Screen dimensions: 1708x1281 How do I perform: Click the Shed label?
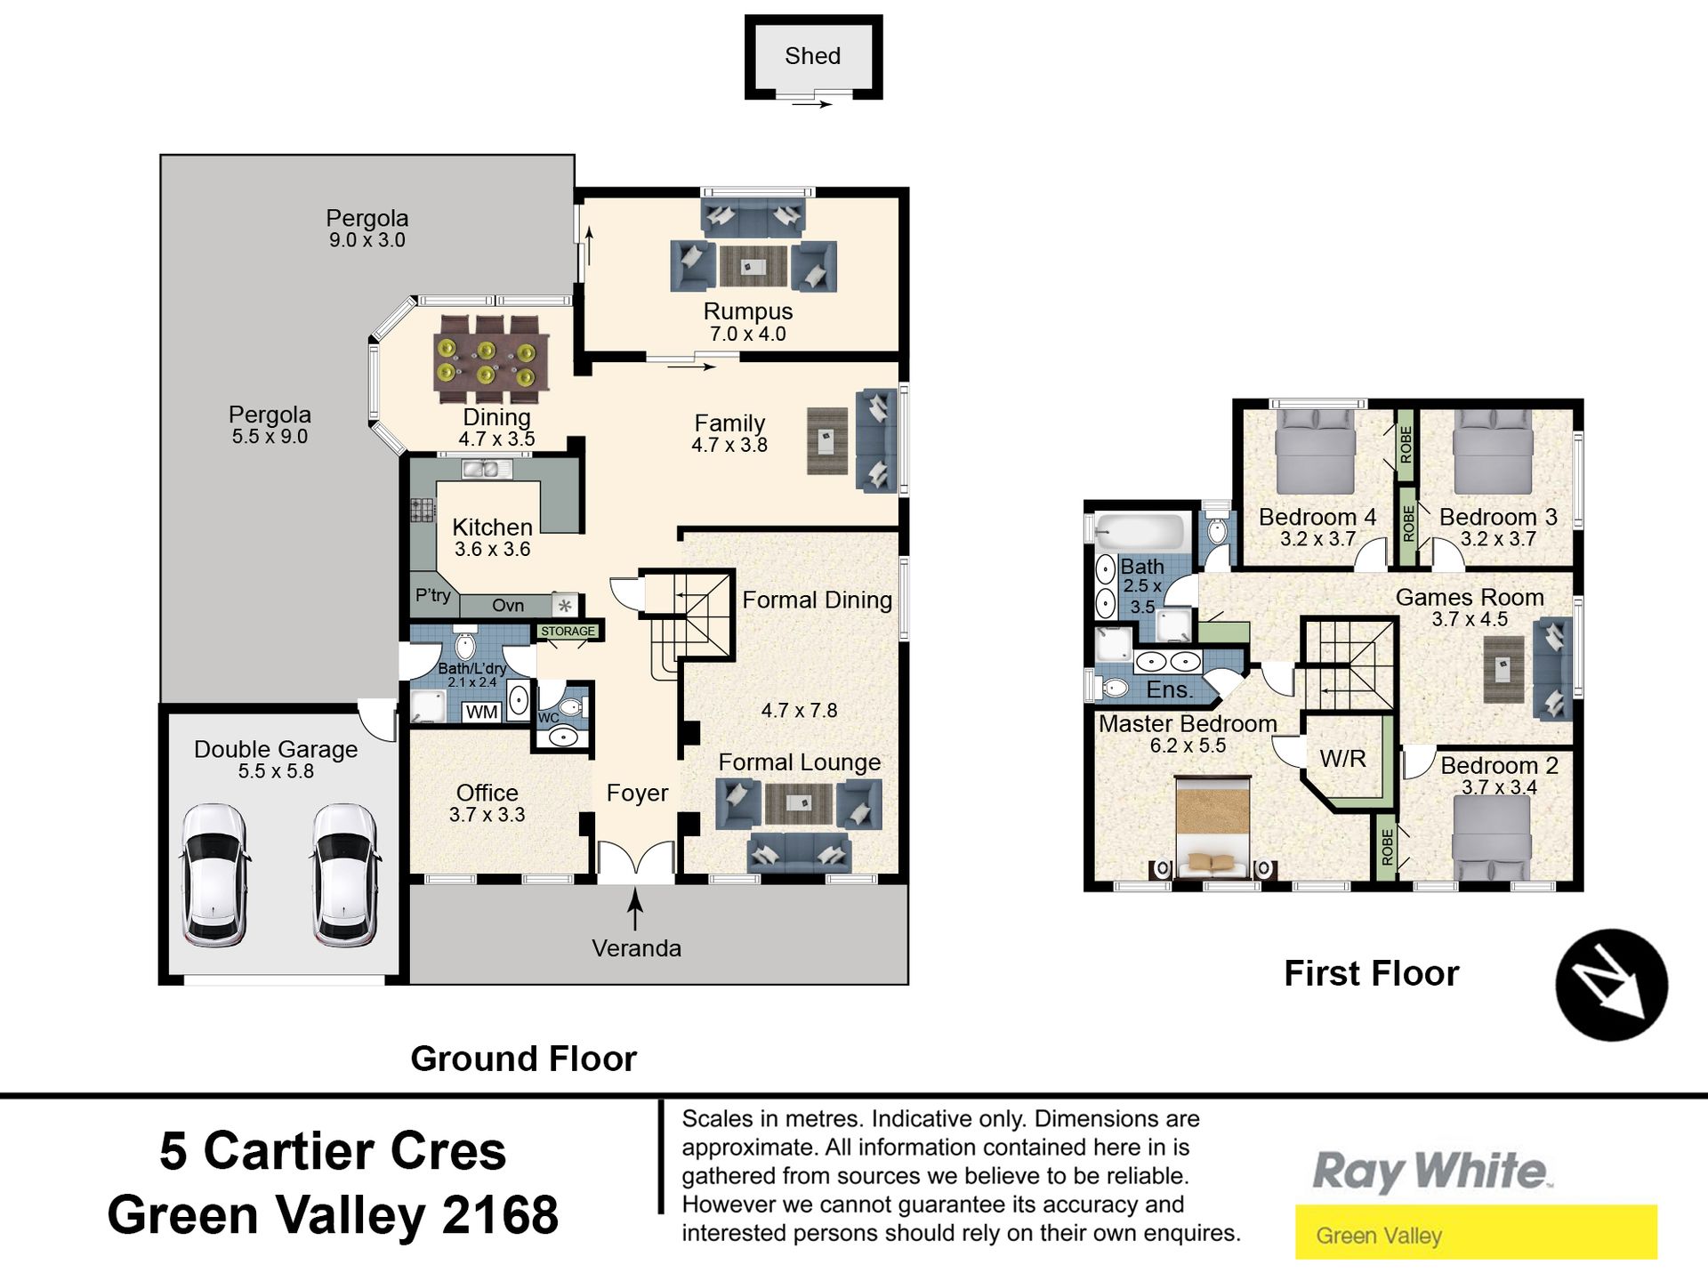point(812,56)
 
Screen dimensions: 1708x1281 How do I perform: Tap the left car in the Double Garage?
point(213,875)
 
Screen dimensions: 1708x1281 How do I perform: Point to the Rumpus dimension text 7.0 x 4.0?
point(747,334)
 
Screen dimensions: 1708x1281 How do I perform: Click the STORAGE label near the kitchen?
point(568,631)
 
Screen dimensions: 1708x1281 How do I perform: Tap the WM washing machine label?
point(481,712)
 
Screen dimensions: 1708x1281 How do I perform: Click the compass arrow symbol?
point(1611,985)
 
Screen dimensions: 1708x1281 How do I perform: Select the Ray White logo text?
point(1431,1171)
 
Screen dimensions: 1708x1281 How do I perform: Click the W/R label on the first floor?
point(1342,759)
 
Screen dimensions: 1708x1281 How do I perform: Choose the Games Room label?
point(1470,597)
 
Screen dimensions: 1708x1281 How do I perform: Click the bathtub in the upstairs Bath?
point(1139,532)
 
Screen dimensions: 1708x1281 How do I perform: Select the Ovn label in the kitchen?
point(508,605)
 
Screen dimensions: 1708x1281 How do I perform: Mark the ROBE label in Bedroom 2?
point(1387,847)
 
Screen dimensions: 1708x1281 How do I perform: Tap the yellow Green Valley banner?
point(1476,1232)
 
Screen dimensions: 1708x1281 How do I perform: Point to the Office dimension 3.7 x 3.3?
point(487,814)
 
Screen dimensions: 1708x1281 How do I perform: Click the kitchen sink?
point(487,468)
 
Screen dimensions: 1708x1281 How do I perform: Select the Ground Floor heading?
point(523,1059)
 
